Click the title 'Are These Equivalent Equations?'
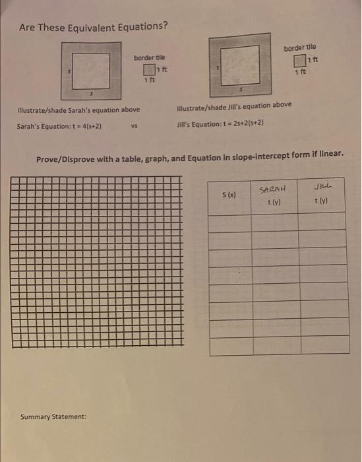coord(93,27)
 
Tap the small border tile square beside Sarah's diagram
coord(149,71)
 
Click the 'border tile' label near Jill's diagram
coord(300,48)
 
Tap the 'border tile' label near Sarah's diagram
coord(150,57)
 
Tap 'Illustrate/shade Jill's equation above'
coord(234,106)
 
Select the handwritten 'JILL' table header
coord(323,187)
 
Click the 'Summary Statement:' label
coord(53,416)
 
